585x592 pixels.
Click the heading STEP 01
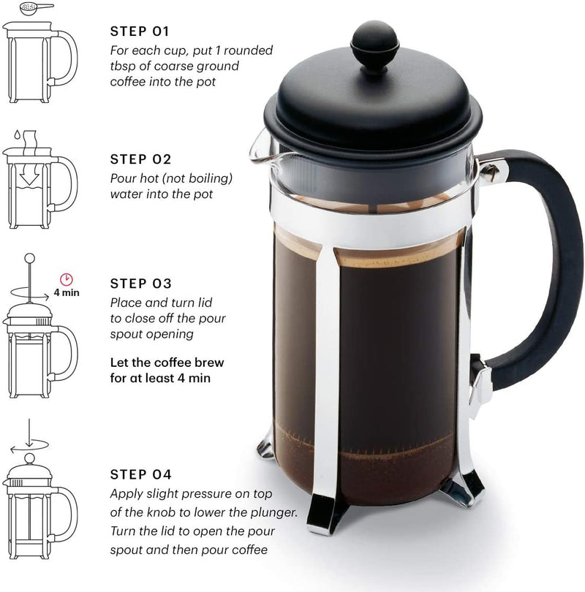tap(140, 31)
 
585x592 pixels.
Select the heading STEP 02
tap(140, 159)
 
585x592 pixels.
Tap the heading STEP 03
tap(140, 283)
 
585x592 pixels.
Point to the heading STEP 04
tap(141, 474)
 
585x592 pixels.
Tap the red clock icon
tap(67, 278)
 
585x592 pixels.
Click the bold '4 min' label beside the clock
tap(67, 292)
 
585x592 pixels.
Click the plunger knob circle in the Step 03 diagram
tap(30, 258)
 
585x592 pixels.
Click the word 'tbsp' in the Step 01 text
tap(121, 67)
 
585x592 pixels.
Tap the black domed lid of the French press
tap(369, 110)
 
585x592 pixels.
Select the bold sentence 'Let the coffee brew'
tap(167, 362)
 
